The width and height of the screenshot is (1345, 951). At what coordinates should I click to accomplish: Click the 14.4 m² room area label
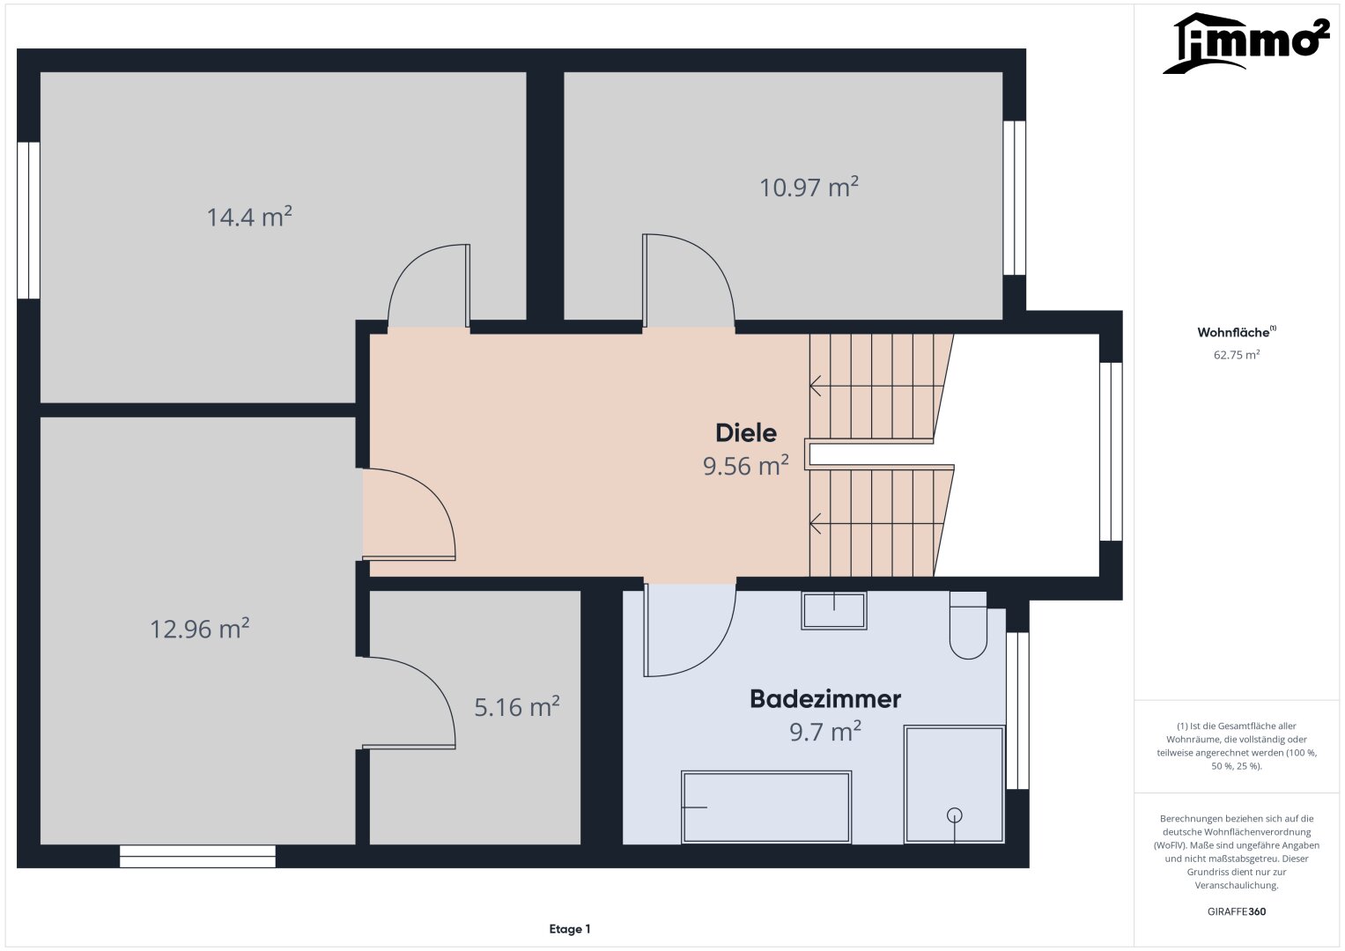coord(249,217)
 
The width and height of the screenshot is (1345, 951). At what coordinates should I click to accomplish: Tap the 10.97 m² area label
coord(809,187)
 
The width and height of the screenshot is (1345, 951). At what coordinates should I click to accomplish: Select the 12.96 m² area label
coord(199,629)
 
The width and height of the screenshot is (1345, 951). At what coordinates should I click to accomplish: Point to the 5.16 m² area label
coord(517,706)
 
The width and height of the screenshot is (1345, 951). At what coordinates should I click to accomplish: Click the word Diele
coord(746,433)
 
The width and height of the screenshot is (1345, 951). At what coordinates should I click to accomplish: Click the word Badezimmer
coord(825,699)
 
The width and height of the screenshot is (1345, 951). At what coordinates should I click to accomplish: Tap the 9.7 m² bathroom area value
coord(825,732)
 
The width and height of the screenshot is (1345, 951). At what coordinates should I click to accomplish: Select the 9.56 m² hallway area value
coord(746,466)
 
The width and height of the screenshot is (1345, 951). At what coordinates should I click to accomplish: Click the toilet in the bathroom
coord(968,625)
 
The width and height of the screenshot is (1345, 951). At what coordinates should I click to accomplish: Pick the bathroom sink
coord(834,610)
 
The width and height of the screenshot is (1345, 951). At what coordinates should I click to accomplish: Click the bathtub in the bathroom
coord(766,807)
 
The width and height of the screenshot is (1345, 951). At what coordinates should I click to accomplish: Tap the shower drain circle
coord(954,815)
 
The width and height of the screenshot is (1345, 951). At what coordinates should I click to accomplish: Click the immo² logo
coord(1246,43)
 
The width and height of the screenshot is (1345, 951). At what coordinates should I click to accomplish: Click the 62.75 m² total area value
coord(1237,355)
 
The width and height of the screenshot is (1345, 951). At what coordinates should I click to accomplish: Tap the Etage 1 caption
coord(570,929)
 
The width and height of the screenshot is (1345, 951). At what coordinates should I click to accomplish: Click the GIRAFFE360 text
coord(1237,911)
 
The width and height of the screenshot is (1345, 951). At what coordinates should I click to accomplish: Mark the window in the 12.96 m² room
coord(197,856)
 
